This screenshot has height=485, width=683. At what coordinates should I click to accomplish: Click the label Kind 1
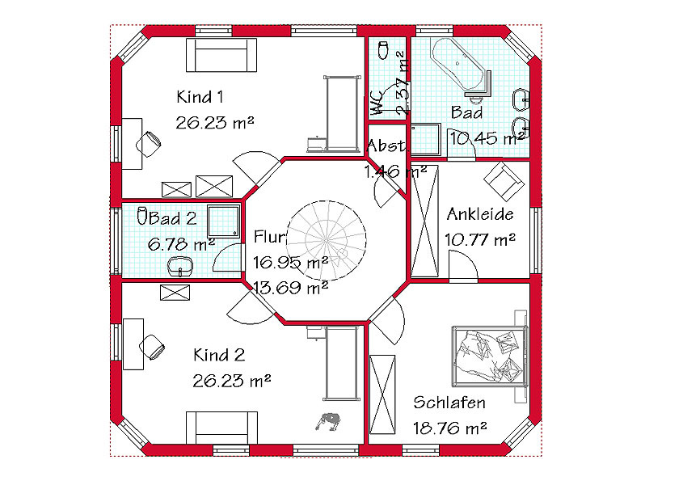point(200,97)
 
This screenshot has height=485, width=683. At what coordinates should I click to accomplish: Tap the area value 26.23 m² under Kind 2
point(232,381)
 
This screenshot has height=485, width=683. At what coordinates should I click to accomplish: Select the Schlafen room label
point(449,403)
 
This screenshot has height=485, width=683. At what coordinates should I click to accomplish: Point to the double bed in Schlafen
point(490,356)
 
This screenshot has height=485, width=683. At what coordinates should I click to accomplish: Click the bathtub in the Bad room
point(457,64)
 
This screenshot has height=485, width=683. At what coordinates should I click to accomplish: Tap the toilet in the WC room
point(383,50)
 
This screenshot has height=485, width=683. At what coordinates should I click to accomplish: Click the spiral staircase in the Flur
point(326,239)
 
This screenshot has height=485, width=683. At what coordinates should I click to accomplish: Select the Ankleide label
point(480,214)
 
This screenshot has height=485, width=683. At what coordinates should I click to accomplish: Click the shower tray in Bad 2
point(223,221)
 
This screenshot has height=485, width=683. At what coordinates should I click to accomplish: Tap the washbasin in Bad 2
point(180,266)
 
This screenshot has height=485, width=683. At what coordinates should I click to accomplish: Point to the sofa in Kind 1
point(221,55)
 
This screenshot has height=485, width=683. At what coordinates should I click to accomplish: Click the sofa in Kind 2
point(221,428)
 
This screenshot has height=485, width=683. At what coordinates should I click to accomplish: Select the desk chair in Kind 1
point(149,143)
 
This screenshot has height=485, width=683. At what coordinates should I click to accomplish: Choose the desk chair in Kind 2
point(152,347)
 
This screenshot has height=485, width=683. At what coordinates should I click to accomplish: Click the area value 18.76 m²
point(450,428)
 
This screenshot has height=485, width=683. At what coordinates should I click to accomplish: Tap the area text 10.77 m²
point(480,239)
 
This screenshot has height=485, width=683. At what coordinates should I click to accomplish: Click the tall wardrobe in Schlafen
point(382,394)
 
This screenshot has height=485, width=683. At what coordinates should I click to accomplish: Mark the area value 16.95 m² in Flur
point(290,263)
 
